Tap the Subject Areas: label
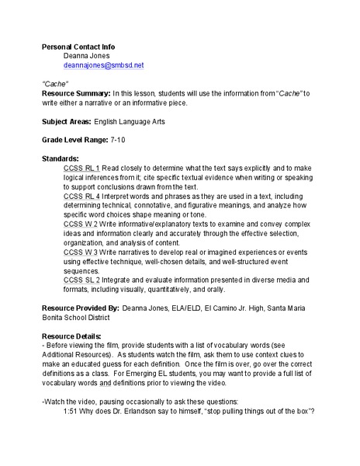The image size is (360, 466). click(66, 122)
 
